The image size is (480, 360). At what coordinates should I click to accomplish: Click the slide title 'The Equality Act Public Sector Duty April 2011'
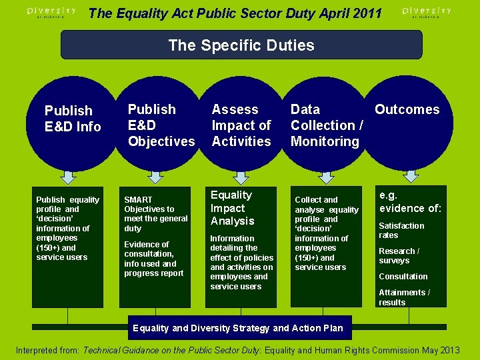[235, 13]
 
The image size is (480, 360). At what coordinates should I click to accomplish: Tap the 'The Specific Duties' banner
[241, 45]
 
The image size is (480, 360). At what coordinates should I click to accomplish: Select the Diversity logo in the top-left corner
[51, 12]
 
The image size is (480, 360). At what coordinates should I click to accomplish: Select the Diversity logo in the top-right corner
[427, 12]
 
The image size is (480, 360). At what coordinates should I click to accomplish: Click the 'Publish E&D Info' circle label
[72, 119]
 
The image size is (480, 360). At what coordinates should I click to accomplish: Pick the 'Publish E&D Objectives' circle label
[161, 125]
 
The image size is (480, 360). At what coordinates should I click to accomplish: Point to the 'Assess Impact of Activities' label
[241, 125]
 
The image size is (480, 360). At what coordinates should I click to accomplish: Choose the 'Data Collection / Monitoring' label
[326, 125]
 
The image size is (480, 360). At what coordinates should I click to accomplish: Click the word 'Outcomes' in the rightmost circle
[407, 109]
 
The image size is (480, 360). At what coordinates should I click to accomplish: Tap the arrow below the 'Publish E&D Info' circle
[68, 177]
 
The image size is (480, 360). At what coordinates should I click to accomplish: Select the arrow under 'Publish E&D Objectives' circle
[155, 177]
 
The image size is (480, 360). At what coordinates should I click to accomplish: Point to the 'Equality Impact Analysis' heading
[232, 208]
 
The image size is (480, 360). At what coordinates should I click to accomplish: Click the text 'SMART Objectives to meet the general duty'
[155, 213]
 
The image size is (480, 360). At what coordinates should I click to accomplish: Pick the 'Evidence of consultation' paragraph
[153, 259]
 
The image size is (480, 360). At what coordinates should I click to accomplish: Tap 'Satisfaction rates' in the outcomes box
[401, 230]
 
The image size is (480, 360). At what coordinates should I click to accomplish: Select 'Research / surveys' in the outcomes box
[399, 255]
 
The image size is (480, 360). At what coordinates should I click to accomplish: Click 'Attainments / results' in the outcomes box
[404, 297]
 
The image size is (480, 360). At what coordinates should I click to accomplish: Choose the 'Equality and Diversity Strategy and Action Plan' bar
[238, 328]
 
